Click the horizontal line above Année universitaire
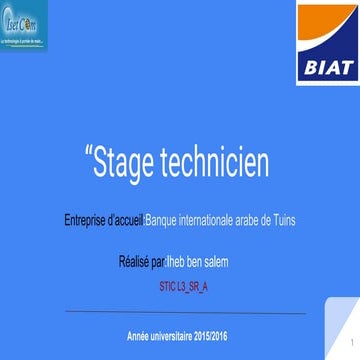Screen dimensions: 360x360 [180, 313]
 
